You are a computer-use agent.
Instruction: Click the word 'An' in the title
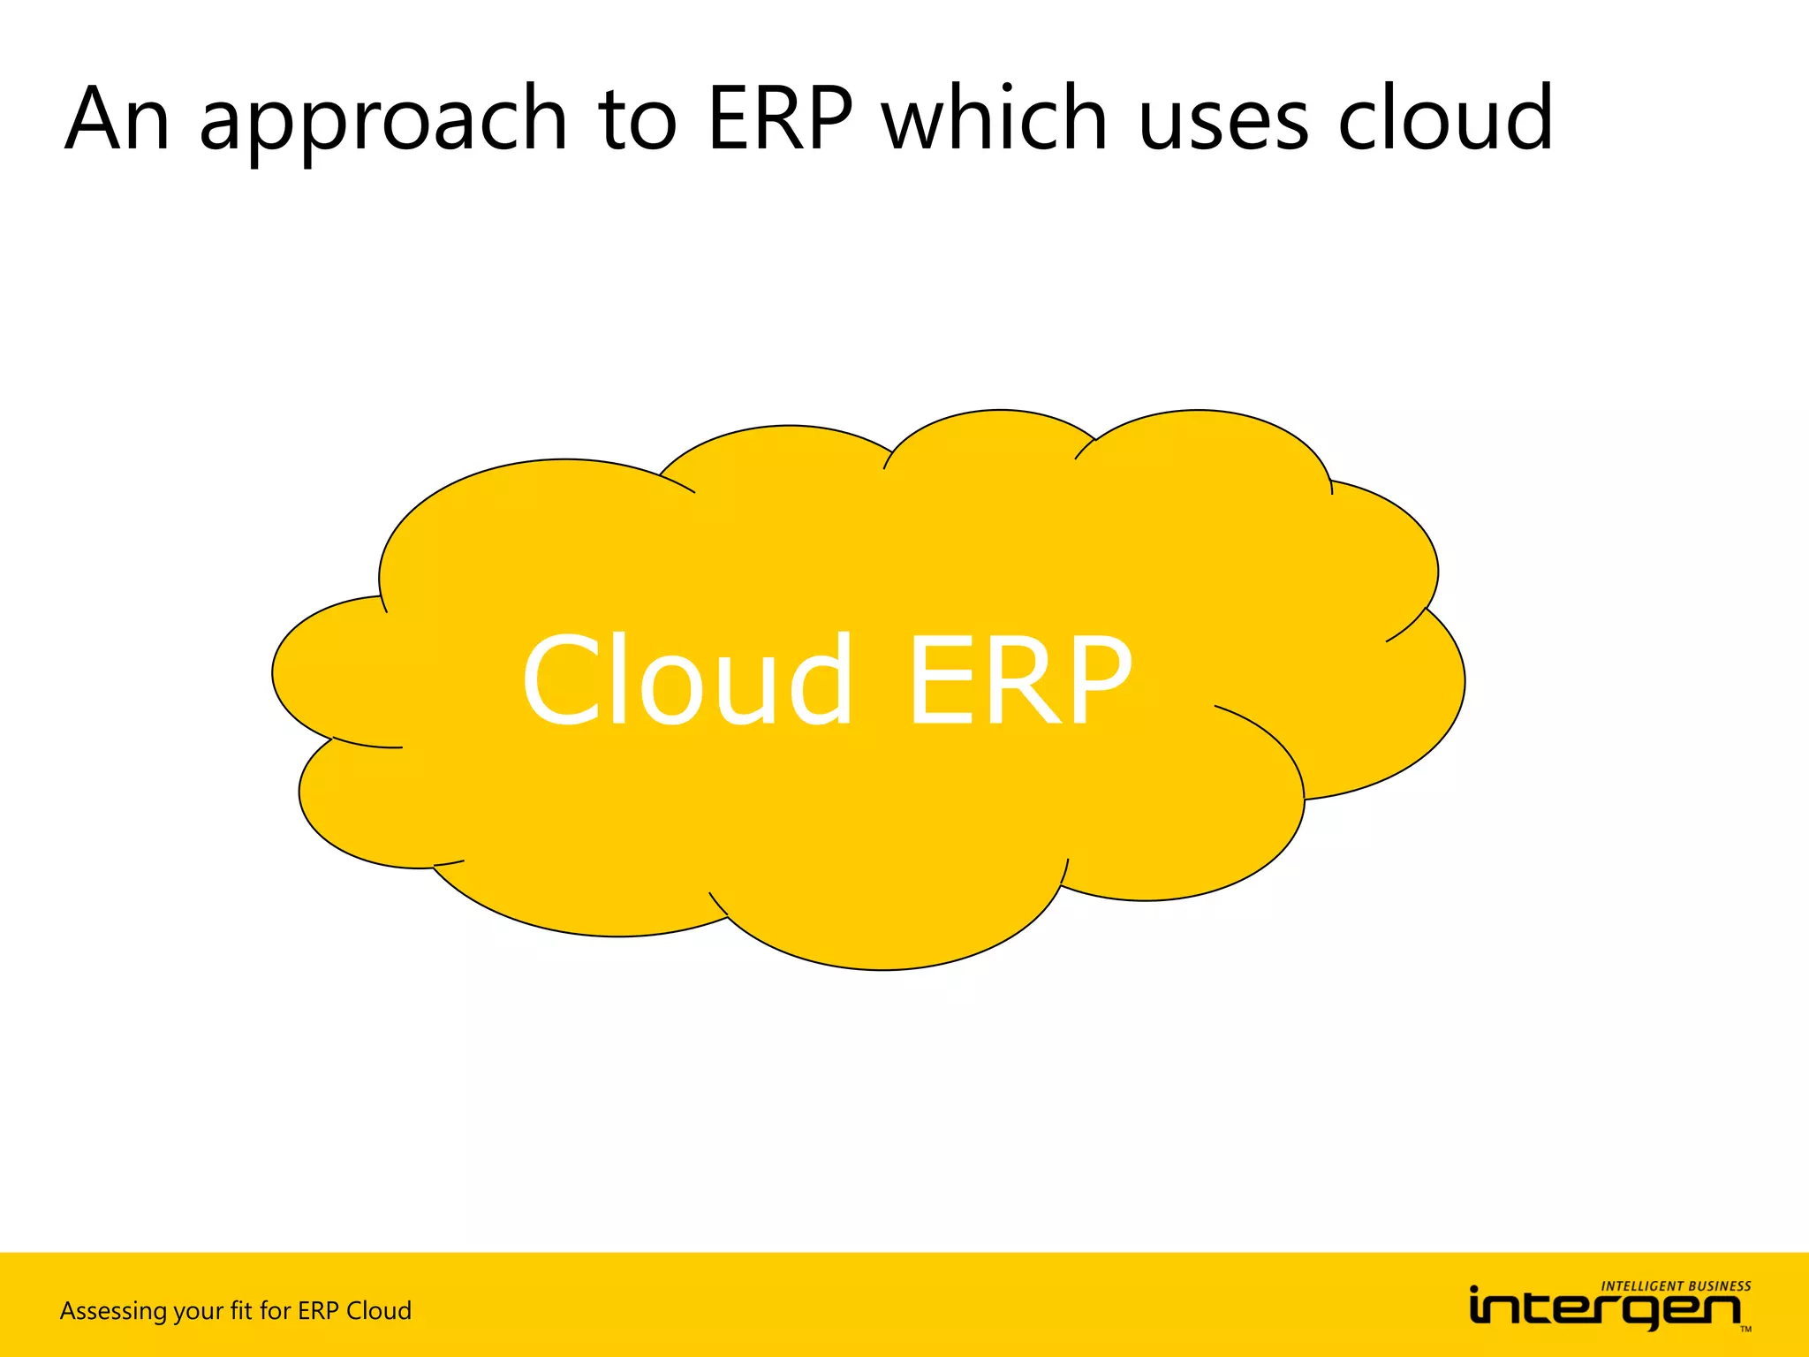point(117,119)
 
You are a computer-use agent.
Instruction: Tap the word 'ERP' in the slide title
point(780,119)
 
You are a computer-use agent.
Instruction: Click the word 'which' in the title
point(995,119)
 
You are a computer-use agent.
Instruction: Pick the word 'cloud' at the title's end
point(1445,119)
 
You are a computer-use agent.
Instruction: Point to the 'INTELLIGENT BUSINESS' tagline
point(1676,1286)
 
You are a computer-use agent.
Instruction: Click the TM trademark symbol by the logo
point(1745,1330)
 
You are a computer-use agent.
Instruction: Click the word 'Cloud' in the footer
point(378,1310)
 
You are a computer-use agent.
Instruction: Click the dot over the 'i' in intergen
point(1474,1290)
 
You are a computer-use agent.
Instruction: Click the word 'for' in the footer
point(275,1310)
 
